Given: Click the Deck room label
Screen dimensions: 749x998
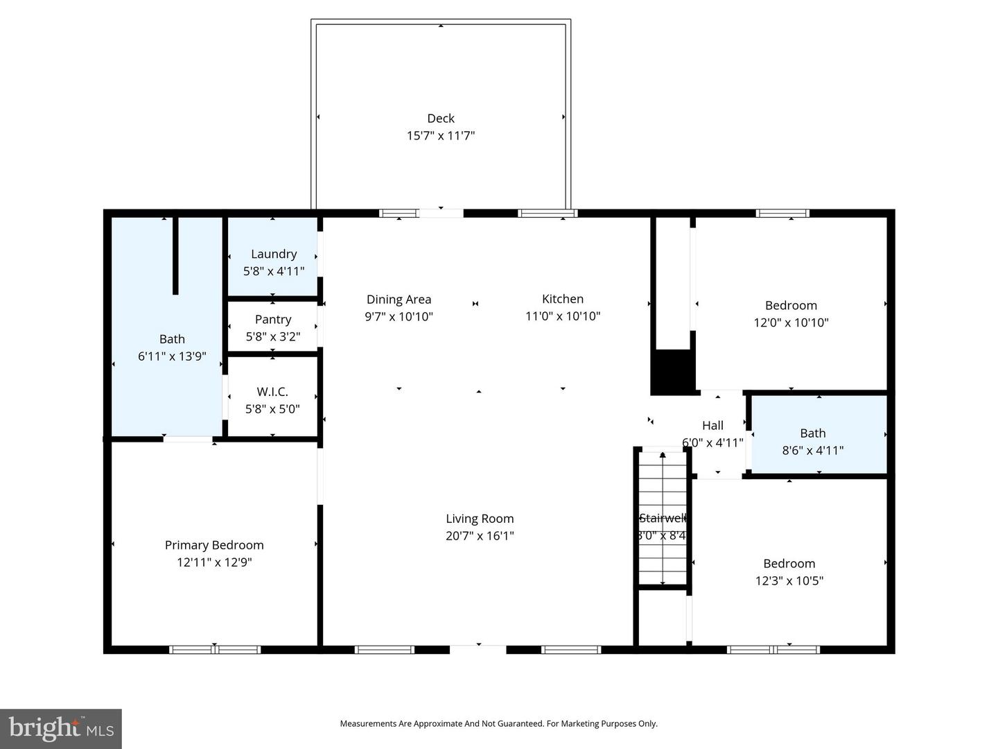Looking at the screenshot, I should (441, 119).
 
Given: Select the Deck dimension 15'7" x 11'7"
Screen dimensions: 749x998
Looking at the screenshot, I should (441, 136).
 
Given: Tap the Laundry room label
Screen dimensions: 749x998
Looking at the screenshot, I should (274, 255).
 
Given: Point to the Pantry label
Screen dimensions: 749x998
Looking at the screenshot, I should (273, 320).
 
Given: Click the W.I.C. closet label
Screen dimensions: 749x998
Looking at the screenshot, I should (272, 392).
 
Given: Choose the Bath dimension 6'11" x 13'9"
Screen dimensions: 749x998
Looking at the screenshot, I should (172, 356).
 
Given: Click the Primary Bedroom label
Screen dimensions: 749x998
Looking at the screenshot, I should (214, 545).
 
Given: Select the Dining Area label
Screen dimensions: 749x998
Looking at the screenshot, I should (399, 300).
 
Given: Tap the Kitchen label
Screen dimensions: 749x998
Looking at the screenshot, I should (563, 299).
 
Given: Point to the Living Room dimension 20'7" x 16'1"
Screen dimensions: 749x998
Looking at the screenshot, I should (480, 536).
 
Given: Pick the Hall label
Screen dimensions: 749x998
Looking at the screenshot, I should (712, 426).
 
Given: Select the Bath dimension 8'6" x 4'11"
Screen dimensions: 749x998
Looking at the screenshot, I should (813, 451).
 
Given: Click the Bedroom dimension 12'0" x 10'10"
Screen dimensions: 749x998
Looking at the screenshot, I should (791, 322).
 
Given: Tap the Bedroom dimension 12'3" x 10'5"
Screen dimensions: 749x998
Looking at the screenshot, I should (789, 581).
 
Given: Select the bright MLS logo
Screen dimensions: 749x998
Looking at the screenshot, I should (61, 728).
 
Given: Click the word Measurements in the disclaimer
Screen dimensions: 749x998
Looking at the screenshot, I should (368, 724).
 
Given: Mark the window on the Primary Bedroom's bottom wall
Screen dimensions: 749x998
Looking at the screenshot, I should (215, 650).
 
